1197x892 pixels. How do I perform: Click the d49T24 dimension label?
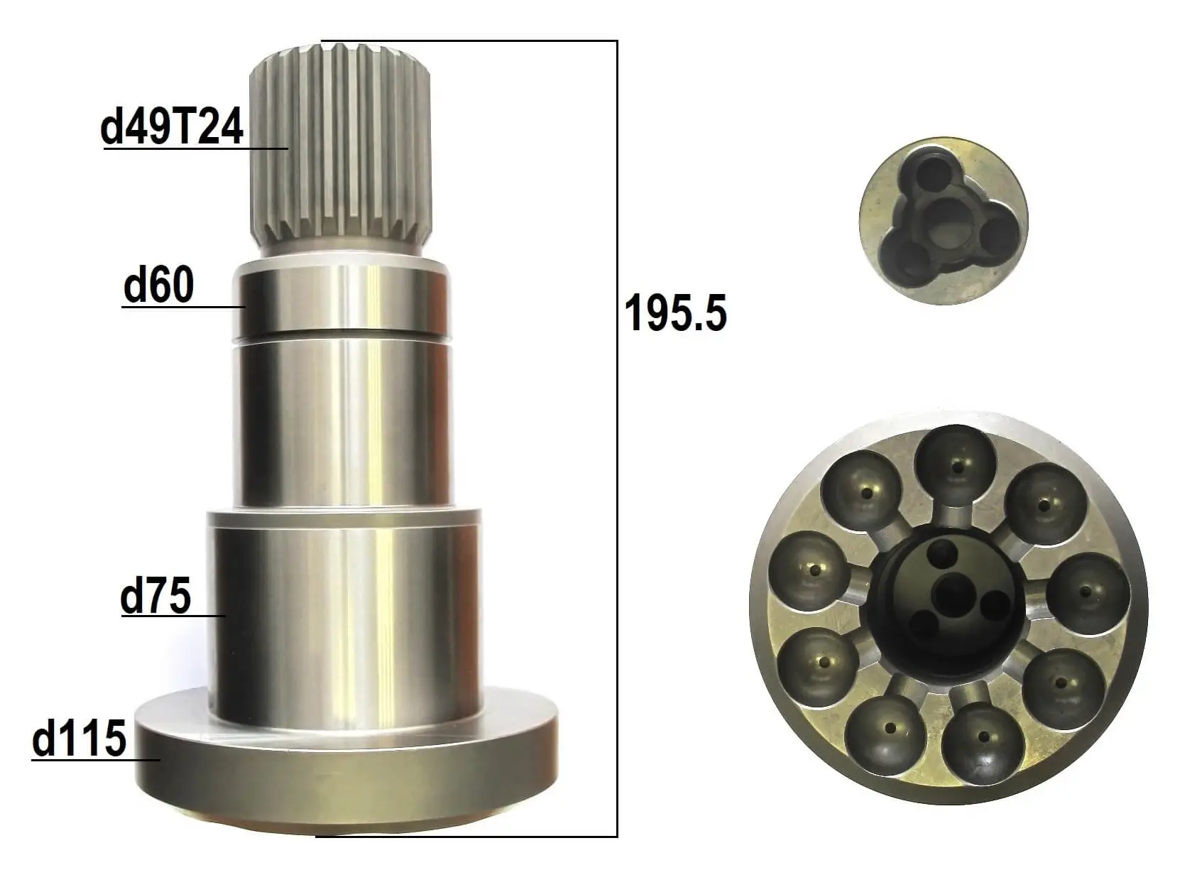pos(172,128)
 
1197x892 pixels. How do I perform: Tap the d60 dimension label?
pos(158,285)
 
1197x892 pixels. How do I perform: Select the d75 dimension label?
pos(155,596)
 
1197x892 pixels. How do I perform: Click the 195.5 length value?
pos(676,312)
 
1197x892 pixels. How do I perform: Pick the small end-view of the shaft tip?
pos(944,220)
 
